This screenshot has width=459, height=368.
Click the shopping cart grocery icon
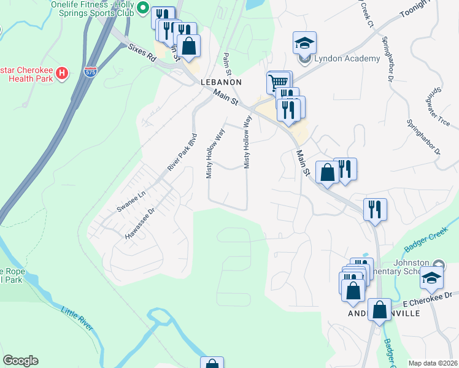(278, 82)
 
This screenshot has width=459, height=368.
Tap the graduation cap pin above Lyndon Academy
(304, 43)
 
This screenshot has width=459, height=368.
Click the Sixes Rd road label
(141, 53)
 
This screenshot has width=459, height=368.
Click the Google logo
(20, 361)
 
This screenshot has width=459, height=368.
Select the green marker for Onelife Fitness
(143, 8)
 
